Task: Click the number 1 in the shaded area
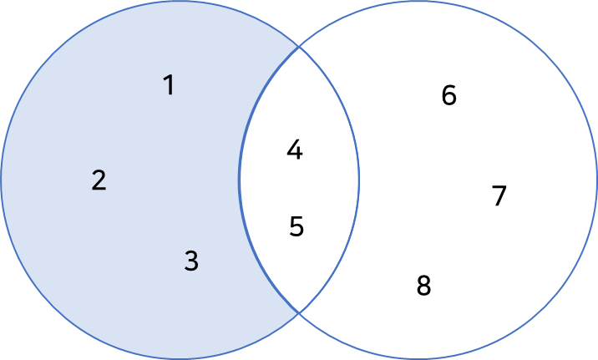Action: click(169, 85)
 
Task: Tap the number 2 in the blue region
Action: click(99, 180)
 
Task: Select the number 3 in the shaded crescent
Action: click(191, 261)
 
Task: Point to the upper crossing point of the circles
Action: click(299, 47)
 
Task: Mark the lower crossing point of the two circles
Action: click(299, 312)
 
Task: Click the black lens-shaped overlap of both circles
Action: click(299, 180)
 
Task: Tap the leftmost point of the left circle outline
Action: click(2, 180)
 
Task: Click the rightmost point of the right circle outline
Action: click(596, 180)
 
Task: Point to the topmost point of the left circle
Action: click(180, 2)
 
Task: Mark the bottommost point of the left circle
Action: click(180, 358)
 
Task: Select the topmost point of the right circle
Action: click(418, 2)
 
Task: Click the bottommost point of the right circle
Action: click(418, 358)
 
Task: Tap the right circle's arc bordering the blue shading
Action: click(241, 180)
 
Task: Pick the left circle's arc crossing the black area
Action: click(359, 180)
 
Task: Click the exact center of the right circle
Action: click(418, 180)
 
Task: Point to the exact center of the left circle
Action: click(180, 180)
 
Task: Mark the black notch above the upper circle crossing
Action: click(299, 21)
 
